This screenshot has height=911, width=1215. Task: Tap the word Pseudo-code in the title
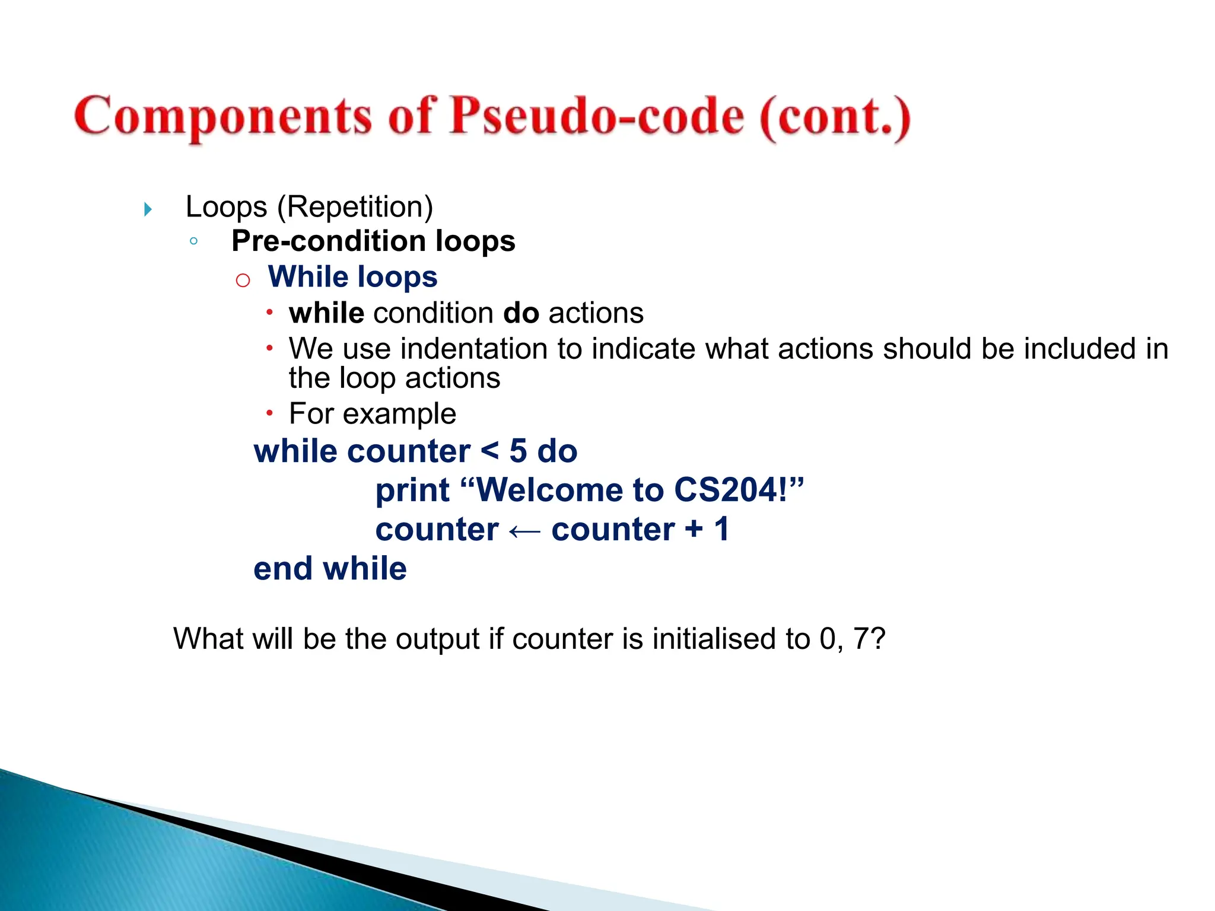tap(596, 116)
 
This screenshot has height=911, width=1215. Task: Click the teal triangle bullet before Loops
tap(148, 209)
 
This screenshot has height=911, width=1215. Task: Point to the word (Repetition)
tap(355, 207)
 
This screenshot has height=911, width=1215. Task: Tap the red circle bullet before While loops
tap(243, 280)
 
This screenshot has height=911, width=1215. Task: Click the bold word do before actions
tap(521, 313)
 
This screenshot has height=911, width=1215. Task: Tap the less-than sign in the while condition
tap(489, 451)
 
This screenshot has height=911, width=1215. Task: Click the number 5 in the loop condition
tap(518, 451)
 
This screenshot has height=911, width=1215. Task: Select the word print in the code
tap(412, 491)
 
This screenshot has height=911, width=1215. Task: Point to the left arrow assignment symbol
tap(524, 531)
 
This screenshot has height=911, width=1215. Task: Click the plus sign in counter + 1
tap(694, 528)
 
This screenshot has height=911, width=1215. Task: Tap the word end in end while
tap(283, 569)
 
